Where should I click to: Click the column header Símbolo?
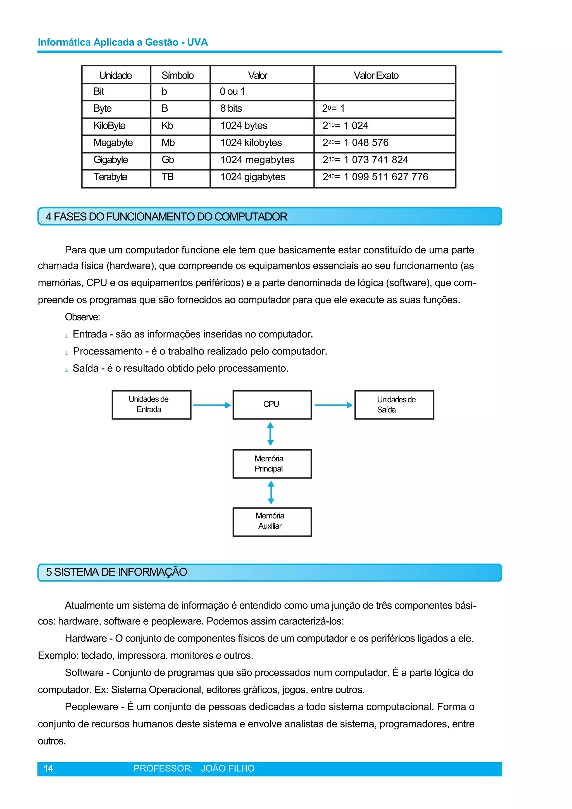pos(178,75)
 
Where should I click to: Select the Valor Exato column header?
pos(376,75)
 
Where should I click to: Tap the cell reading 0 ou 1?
pos(232,92)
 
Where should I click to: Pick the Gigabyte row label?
pos(111,160)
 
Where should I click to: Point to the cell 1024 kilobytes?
pos(251,143)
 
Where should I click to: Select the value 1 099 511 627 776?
pos(385,177)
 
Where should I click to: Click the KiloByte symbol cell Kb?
pos(167,126)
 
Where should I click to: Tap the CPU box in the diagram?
pos(272,404)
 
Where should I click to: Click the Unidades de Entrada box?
pos(151,404)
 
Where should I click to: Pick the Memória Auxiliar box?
pos(272,521)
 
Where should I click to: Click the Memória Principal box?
pos(272,464)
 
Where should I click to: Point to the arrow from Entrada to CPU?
pos(211,405)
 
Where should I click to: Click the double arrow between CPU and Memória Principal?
pos(270,434)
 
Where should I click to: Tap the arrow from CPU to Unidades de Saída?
pos(333,405)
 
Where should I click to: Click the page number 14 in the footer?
pos(48,769)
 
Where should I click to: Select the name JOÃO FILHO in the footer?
pos(228,769)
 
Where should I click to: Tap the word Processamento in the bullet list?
pos(108,351)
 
